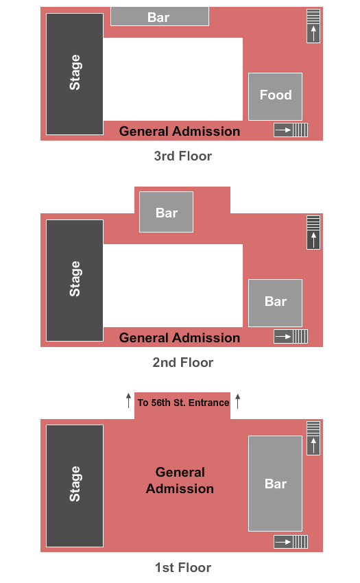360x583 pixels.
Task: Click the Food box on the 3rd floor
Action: pyautogui.click(x=275, y=96)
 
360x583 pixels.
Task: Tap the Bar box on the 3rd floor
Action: pyautogui.click(x=160, y=16)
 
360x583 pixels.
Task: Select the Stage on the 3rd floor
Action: pyautogui.click(x=75, y=74)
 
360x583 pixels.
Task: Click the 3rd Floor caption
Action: pyautogui.click(x=183, y=156)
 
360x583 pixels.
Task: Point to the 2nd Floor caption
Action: pyautogui.click(x=183, y=362)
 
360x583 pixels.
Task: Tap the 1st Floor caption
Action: pyautogui.click(x=183, y=567)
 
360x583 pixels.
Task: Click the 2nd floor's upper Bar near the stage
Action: pyautogui.click(x=166, y=212)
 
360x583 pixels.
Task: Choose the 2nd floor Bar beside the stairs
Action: pyautogui.click(x=275, y=302)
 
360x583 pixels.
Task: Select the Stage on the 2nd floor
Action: pyautogui.click(x=75, y=281)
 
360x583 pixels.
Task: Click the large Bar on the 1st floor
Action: pyautogui.click(x=275, y=484)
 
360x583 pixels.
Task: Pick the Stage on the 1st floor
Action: pyautogui.click(x=75, y=486)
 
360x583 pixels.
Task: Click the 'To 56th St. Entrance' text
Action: pyautogui.click(x=183, y=403)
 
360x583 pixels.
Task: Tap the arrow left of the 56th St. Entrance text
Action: pyautogui.click(x=128, y=401)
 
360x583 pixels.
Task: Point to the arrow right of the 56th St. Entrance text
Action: pyautogui.click(x=238, y=401)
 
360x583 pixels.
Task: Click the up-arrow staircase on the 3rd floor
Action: pyautogui.click(x=313, y=26)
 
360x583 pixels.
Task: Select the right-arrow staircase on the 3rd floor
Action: pyautogui.click(x=291, y=130)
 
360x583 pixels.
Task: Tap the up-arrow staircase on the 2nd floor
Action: pyautogui.click(x=313, y=233)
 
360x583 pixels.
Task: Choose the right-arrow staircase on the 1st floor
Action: pyautogui.click(x=291, y=542)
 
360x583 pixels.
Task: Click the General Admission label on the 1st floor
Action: pyautogui.click(x=180, y=480)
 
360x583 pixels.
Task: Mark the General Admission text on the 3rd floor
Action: pyautogui.click(x=180, y=131)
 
